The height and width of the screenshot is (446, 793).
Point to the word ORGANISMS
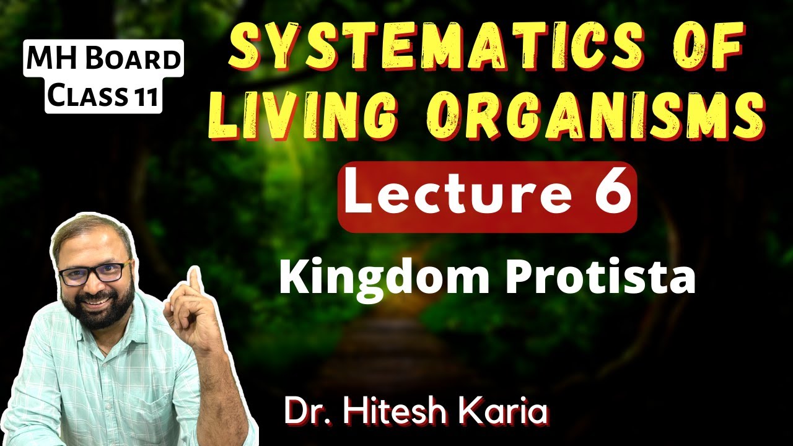[595, 113]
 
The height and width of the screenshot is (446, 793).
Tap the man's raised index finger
[194, 283]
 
